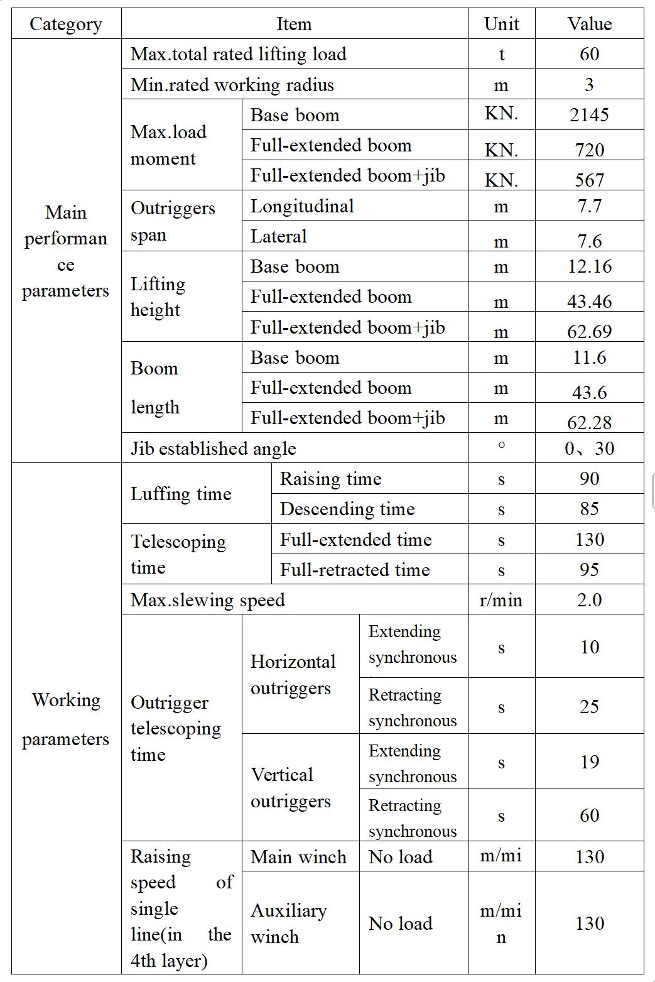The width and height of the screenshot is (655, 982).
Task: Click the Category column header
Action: [x=65, y=25]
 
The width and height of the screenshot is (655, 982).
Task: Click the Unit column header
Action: [x=501, y=24]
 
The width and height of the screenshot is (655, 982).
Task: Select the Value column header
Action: [x=589, y=24]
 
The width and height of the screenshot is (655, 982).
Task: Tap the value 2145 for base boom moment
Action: [x=589, y=114]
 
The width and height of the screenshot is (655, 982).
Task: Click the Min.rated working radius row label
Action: [x=232, y=85]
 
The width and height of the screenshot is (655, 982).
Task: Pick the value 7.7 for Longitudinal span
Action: [x=589, y=206]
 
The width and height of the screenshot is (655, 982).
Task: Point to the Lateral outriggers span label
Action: [x=279, y=236]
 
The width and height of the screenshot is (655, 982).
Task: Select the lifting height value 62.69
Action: [x=589, y=330]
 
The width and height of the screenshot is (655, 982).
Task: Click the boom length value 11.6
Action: [x=589, y=357]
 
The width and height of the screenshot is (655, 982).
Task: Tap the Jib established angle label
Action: [x=213, y=449]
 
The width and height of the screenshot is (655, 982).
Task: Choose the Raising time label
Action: [x=330, y=479]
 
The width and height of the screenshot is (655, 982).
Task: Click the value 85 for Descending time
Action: [x=589, y=509]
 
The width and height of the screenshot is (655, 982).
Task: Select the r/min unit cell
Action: [x=501, y=600]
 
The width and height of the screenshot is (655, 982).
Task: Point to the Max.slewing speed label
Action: [x=207, y=600]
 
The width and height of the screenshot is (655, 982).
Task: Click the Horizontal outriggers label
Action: [x=293, y=675]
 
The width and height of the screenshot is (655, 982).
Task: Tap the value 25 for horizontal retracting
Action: [x=589, y=707]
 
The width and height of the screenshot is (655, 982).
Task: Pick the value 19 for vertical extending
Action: [x=589, y=762]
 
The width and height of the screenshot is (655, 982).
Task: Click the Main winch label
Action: [x=298, y=857]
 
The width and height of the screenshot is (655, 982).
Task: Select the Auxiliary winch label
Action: [x=289, y=924]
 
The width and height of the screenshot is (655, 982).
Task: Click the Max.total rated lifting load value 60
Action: [x=589, y=54]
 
